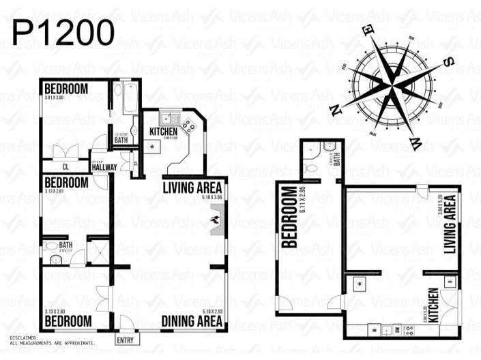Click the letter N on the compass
tap(337, 111)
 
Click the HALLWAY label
tap(104, 167)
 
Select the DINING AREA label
tap(193, 321)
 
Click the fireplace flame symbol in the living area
tap(216, 220)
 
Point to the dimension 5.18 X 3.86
tap(211, 198)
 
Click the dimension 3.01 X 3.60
tap(54, 97)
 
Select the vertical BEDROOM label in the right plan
tap(289, 216)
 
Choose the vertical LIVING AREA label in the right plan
tap(450, 225)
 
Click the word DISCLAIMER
tap(25, 337)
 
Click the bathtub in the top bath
tap(128, 99)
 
